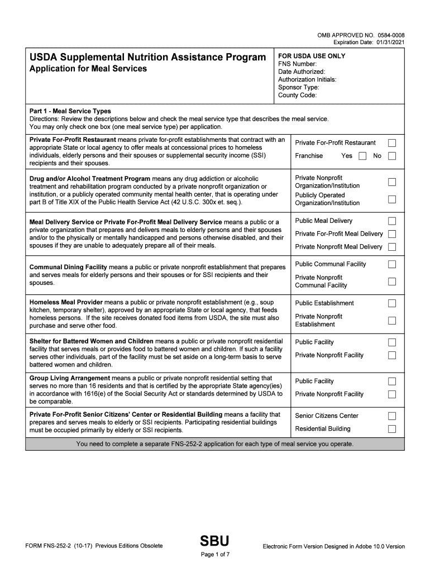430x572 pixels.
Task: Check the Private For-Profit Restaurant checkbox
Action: (x=392, y=143)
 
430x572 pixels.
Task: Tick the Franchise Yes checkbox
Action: (x=362, y=156)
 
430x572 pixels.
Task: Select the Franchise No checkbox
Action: (x=392, y=156)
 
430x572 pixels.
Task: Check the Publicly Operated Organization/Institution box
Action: (x=392, y=199)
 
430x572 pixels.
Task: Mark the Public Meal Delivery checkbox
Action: (x=392, y=221)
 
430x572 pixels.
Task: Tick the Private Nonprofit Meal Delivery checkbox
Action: (x=392, y=247)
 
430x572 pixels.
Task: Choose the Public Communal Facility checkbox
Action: (x=392, y=264)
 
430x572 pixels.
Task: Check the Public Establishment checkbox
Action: (x=392, y=303)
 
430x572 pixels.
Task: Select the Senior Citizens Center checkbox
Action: (x=392, y=416)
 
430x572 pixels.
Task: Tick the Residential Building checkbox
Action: (x=392, y=429)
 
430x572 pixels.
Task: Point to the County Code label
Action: (x=298, y=96)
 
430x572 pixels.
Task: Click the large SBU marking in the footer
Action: (x=214, y=541)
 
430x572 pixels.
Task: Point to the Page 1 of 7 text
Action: (x=215, y=555)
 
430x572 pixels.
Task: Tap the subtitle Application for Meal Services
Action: (x=88, y=69)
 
